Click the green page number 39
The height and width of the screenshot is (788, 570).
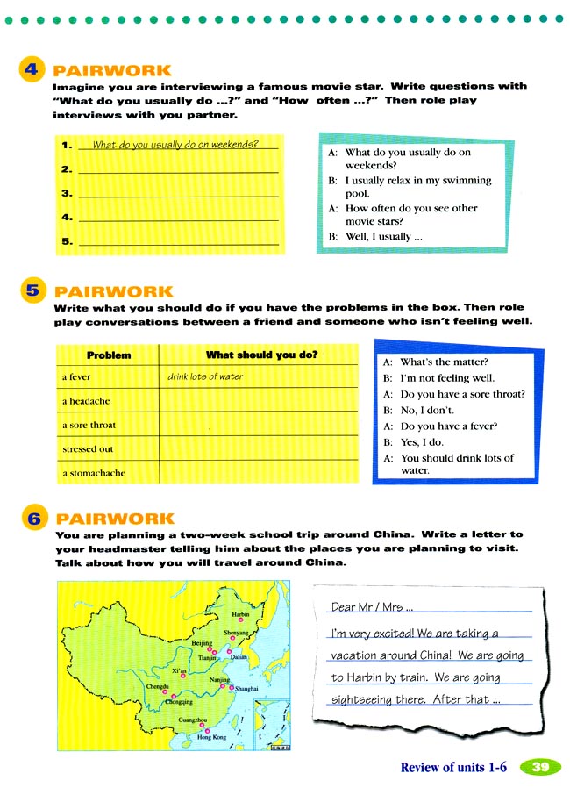(541, 767)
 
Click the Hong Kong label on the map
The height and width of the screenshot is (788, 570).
(211, 737)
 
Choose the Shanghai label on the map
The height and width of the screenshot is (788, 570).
(246, 690)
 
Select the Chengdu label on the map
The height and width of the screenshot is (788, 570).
(158, 685)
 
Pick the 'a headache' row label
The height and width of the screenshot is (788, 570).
(85, 401)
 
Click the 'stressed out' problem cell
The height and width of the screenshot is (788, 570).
(88, 449)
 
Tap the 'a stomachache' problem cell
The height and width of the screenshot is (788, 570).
(93, 473)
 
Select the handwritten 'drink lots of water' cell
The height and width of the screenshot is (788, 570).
(205, 377)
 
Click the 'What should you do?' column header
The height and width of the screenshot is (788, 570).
(261, 355)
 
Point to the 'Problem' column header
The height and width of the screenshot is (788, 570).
(109, 355)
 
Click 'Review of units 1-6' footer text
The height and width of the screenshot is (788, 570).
(453, 767)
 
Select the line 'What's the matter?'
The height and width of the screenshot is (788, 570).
(444, 362)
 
